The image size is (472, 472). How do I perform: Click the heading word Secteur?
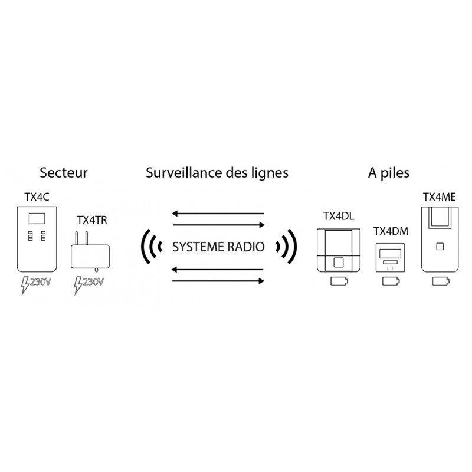coord(64,173)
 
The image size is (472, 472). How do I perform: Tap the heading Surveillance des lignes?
coord(217,173)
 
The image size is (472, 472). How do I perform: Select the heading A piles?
coord(389,173)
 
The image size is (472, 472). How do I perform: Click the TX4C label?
coord(37,197)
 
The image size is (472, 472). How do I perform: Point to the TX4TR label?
coord(92,220)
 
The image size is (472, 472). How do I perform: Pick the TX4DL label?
coord(339,216)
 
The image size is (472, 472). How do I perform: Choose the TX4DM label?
coord(391,231)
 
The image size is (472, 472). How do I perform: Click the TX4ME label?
coord(440,197)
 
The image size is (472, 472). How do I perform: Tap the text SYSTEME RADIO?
coord(218,247)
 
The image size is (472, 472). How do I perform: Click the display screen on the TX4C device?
coord(37,218)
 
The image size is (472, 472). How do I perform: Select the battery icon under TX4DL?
coord(339,281)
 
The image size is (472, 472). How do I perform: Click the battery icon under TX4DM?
coord(391,281)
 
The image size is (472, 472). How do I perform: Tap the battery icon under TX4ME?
coord(441,281)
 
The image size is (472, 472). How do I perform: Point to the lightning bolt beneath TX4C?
coord(25,286)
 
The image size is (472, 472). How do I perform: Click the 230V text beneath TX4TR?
coord(93,282)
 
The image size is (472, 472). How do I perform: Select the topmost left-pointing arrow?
coord(218,214)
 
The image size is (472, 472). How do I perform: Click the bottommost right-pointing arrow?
coord(218,281)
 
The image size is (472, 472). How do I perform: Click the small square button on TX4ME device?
coord(440,247)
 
